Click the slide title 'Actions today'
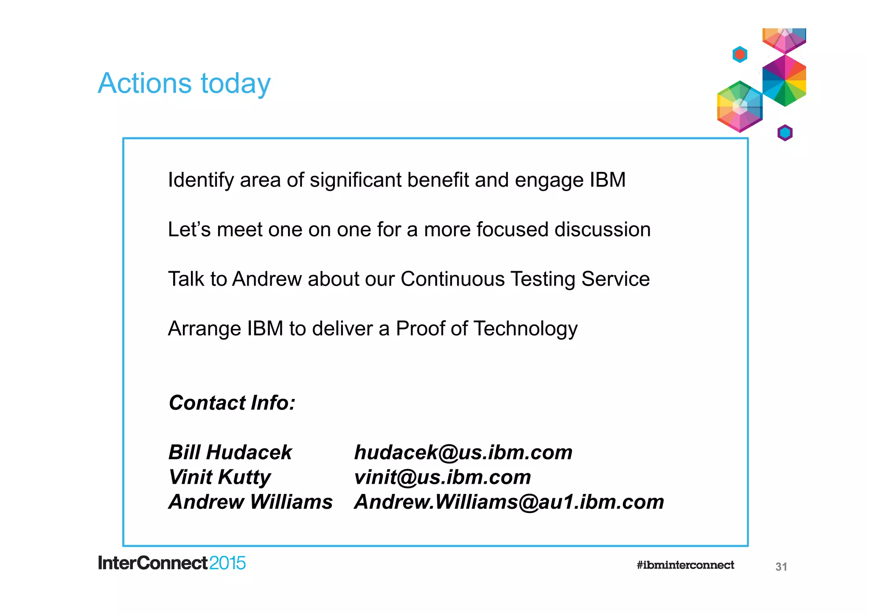tap(184, 83)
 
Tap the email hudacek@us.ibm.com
tap(463, 452)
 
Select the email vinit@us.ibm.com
tap(442, 477)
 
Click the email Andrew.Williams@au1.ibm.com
tap(509, 502)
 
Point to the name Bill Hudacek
tap(230, 452)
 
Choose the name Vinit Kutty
tap(219, 477)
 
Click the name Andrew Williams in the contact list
tap(250, 502)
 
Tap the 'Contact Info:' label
tap(232, 403)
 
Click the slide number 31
tap(781, 566)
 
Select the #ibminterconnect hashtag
tap(685, 565)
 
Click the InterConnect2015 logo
tap(172, 564)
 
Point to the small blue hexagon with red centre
tap(740, 54)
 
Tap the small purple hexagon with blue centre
tap(785, 133)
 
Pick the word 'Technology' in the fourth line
tap(525, 329)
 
